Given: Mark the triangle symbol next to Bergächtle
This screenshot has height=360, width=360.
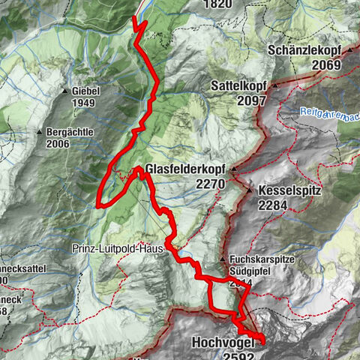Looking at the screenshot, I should pyautogui.click(x=40, y=132).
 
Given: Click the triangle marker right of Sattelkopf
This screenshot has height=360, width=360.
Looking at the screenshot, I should pyautogui.click(x=275, y=85).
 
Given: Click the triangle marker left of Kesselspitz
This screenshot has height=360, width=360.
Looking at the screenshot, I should pyautogui.click(x=250, y=190).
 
